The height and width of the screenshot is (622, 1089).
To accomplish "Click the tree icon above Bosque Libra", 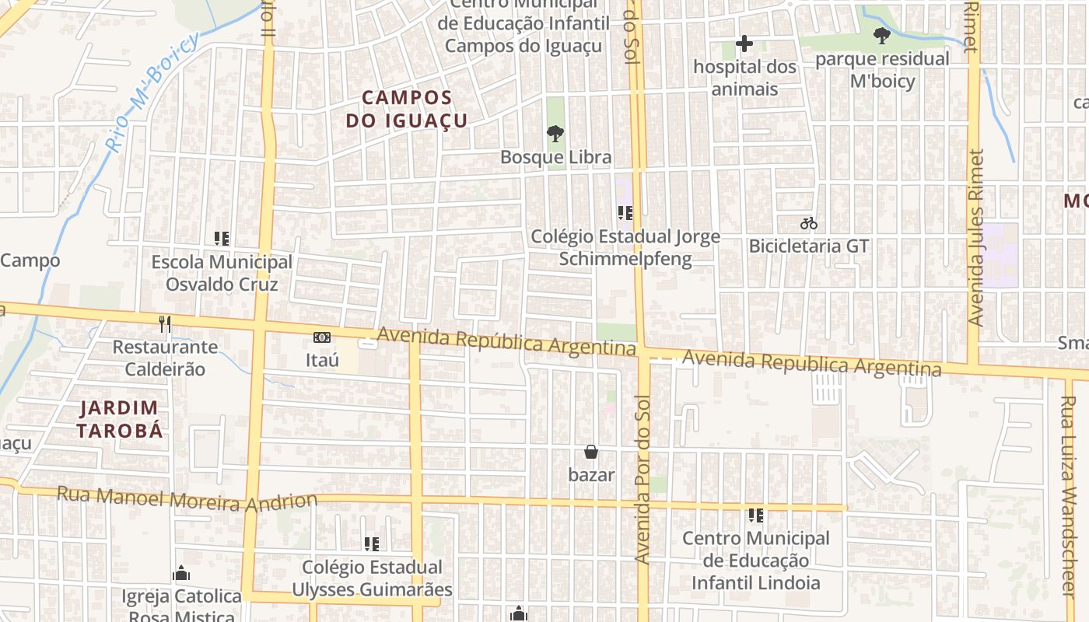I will point(555,135).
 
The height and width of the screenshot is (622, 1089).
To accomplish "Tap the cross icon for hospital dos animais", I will point(744,44).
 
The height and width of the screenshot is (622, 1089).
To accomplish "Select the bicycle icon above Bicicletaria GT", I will point(808,223).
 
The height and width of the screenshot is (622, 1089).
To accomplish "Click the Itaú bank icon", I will point(322,337).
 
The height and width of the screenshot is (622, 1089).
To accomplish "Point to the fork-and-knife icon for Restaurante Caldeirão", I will point(164,323).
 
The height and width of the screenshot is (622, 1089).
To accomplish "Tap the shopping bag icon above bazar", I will point(591,452).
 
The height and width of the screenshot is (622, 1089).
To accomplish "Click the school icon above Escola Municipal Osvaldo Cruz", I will point(222,239).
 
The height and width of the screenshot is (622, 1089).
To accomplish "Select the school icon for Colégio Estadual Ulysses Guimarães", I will point(372,544).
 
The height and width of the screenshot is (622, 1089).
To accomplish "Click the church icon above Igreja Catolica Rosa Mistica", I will point(181,574).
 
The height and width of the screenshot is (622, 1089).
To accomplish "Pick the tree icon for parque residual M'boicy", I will point(881,36).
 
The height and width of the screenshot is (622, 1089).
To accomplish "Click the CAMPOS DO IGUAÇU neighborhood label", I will point(407,109).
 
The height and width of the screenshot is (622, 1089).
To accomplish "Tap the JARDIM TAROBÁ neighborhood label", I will point(120,419).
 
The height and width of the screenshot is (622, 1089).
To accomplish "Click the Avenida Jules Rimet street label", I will point(977,237).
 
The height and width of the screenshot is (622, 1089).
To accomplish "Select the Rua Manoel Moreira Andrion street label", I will point(187,498).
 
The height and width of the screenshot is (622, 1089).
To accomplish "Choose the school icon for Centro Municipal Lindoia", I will point(755,515).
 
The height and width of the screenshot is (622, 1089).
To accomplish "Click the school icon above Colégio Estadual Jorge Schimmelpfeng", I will point(625,212).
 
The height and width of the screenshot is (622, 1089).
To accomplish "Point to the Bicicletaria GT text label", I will point(808,246).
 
